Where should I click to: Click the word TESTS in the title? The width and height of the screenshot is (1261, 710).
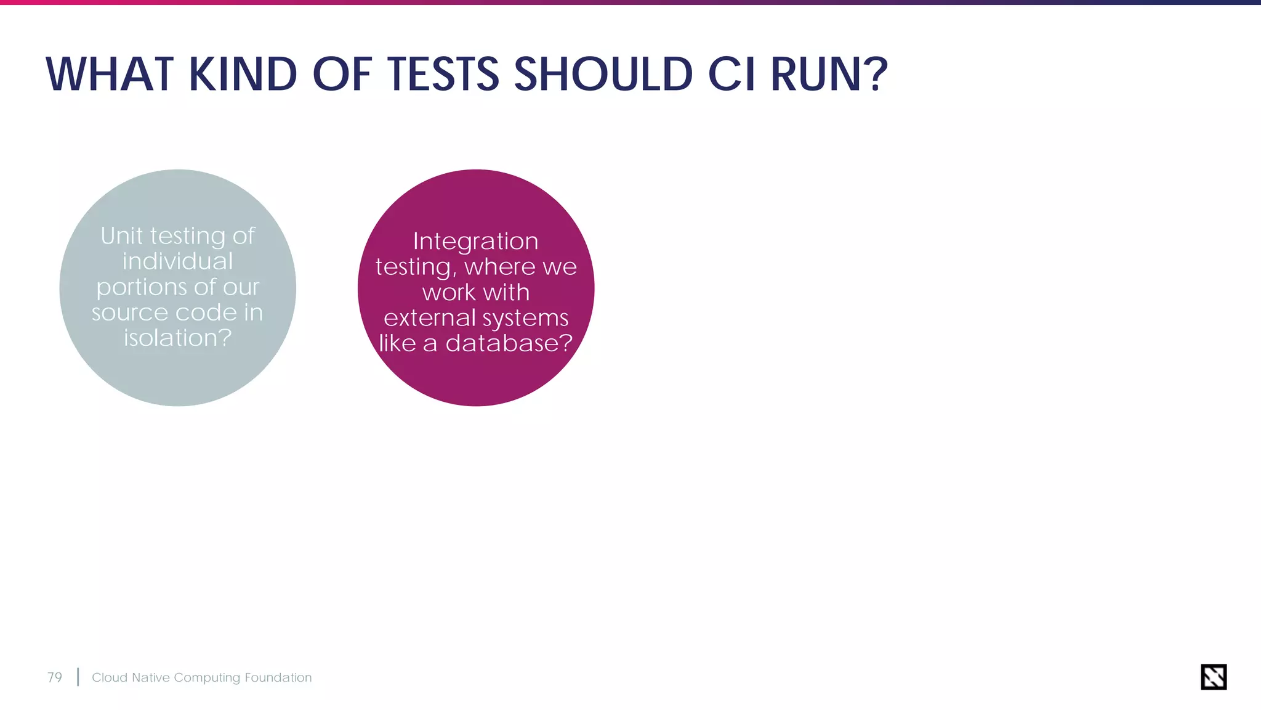(443, 75)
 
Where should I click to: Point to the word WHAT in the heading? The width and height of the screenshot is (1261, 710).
(110, 75)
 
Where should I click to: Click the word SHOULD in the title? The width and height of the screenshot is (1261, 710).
(603, 75)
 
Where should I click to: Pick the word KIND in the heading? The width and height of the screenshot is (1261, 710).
(243, 75)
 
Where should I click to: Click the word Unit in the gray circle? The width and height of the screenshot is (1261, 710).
(122, 236)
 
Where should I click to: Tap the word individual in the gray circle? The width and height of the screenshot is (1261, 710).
(177, 261)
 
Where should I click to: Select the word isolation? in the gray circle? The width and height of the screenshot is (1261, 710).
(177, 338)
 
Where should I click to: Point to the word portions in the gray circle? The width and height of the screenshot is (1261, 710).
(141, 288)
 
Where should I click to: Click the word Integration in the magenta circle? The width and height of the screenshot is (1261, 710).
(475, 241)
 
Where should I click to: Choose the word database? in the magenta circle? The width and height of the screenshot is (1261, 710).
(509, 343)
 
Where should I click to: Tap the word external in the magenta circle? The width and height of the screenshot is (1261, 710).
(430, 318)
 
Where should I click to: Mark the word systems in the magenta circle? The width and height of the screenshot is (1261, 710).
(525, 319)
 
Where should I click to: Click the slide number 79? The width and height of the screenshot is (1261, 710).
(55, 677)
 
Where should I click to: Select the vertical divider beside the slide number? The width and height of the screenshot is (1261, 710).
(78, 677)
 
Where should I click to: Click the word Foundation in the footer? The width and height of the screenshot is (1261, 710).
(278, 677)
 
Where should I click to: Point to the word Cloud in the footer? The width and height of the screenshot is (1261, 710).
(109, 677)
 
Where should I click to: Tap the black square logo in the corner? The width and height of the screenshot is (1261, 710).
(1214, 677)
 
